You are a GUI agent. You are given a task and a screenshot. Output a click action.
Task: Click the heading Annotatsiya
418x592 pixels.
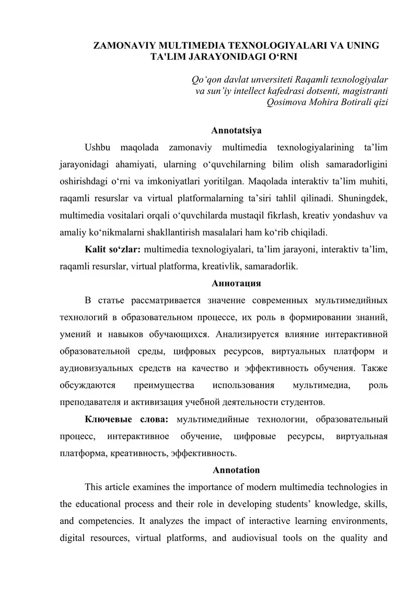point(236,130)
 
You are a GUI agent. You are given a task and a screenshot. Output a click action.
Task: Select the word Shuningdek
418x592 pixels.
point(363,199)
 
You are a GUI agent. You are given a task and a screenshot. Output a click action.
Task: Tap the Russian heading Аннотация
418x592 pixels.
point(236,284)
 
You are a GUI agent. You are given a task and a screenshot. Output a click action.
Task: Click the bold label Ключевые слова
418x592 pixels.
point(126,419)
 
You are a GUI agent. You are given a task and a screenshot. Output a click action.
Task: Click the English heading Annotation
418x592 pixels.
point(236,470)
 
